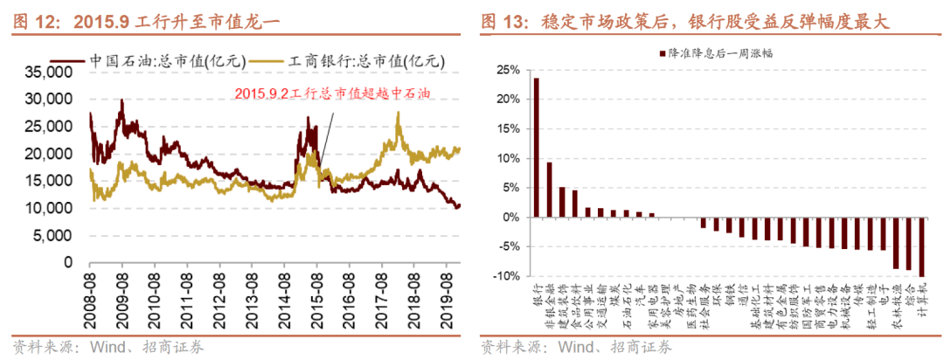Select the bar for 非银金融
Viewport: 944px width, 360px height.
pyautogui.click(x=549, y=189)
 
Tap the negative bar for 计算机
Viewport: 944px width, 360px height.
pyautogui.click(x=922, y=246)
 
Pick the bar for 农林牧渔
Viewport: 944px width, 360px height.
pyautogui.click(x=896, y=242)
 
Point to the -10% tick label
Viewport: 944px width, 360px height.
pyautogui.click(x=503, y=276)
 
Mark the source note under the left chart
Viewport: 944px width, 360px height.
pyautogui.click(x=109, y=347)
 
